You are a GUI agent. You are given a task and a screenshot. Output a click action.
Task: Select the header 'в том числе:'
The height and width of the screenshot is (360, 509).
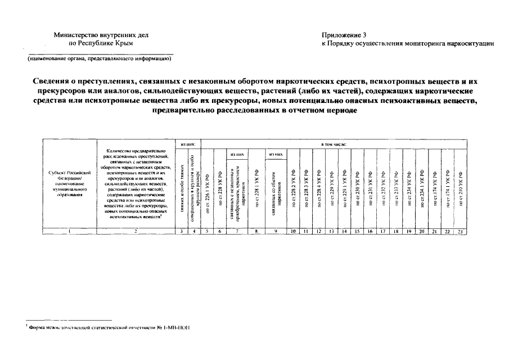[x=334, y=145]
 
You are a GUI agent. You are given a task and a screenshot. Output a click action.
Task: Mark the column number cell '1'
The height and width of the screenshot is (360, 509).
[x=69, y=231]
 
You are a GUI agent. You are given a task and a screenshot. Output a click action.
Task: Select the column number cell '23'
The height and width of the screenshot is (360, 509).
[x=460, y=231]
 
